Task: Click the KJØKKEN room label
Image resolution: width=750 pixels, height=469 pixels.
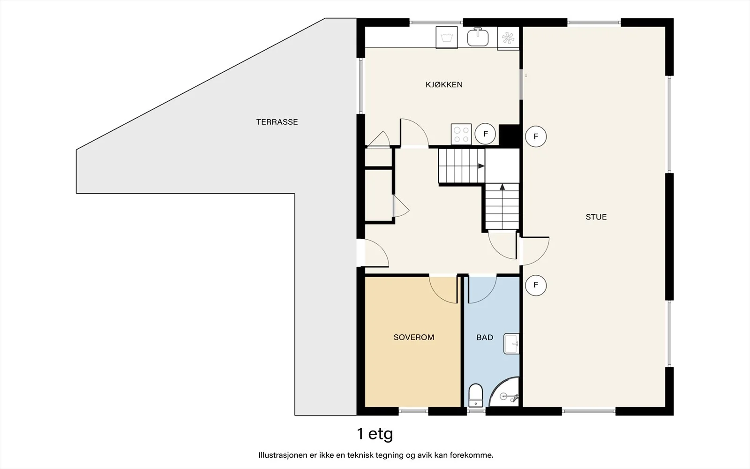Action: coord(444,85)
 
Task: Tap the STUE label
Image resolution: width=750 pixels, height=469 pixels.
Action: coord(596,217)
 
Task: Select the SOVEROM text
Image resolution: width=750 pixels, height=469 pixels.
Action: coord(414,337)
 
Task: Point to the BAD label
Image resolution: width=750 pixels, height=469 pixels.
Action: coord(485,337)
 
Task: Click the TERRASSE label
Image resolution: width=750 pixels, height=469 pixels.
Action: coord(277,122)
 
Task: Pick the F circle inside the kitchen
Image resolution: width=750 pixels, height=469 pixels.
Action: coord(485,134)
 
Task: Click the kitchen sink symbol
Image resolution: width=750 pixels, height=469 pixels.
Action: coord(478,37)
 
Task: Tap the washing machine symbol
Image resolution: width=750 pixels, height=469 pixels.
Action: coord(447,38)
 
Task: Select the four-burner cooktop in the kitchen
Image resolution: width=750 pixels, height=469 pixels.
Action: coord(461,134)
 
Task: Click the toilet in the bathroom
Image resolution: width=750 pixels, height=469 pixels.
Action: coord(475,395)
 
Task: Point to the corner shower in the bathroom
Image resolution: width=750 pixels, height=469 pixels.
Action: coord(504,392)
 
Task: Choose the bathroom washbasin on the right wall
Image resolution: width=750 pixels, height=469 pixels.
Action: coord(511,344)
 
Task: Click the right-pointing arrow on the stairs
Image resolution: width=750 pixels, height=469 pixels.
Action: coord(481,166)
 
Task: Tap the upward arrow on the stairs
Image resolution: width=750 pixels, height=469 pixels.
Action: coord(502,187)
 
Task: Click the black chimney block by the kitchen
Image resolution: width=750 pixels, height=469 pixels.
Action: coord(509,135)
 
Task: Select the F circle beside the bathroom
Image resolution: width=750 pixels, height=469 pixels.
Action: coord(536,285)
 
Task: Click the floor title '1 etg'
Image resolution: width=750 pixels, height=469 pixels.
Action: coord(375,434)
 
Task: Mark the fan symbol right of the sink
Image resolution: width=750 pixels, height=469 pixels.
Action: coord(508,38)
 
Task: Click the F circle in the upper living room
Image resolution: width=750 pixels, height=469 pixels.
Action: coord(536,136)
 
